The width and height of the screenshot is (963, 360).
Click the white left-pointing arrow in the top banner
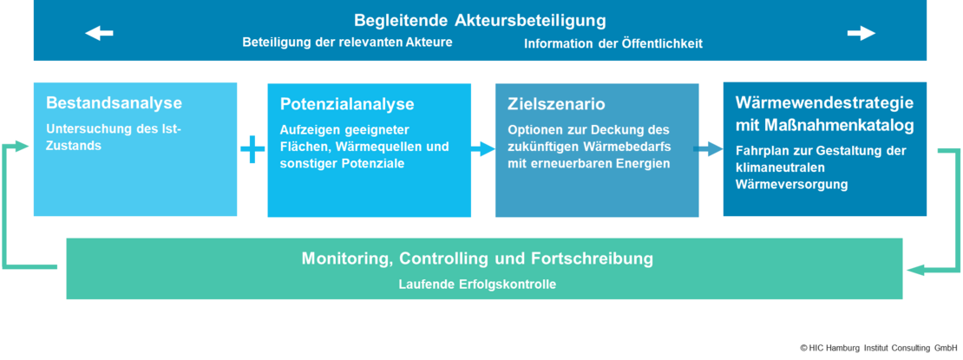99,34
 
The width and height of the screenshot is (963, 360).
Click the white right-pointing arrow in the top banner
861,34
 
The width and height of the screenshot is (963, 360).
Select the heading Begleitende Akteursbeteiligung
480,20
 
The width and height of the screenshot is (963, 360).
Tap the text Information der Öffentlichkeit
613,43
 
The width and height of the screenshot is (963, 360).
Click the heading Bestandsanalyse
114,103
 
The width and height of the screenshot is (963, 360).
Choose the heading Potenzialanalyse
347,104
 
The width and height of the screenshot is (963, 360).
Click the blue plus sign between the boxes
252,150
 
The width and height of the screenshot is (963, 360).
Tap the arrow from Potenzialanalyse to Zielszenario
483,149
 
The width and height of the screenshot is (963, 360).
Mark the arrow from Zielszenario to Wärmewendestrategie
711,149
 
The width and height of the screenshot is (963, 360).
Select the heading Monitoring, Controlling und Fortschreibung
477,259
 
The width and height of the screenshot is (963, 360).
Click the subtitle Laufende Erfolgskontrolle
477,284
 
